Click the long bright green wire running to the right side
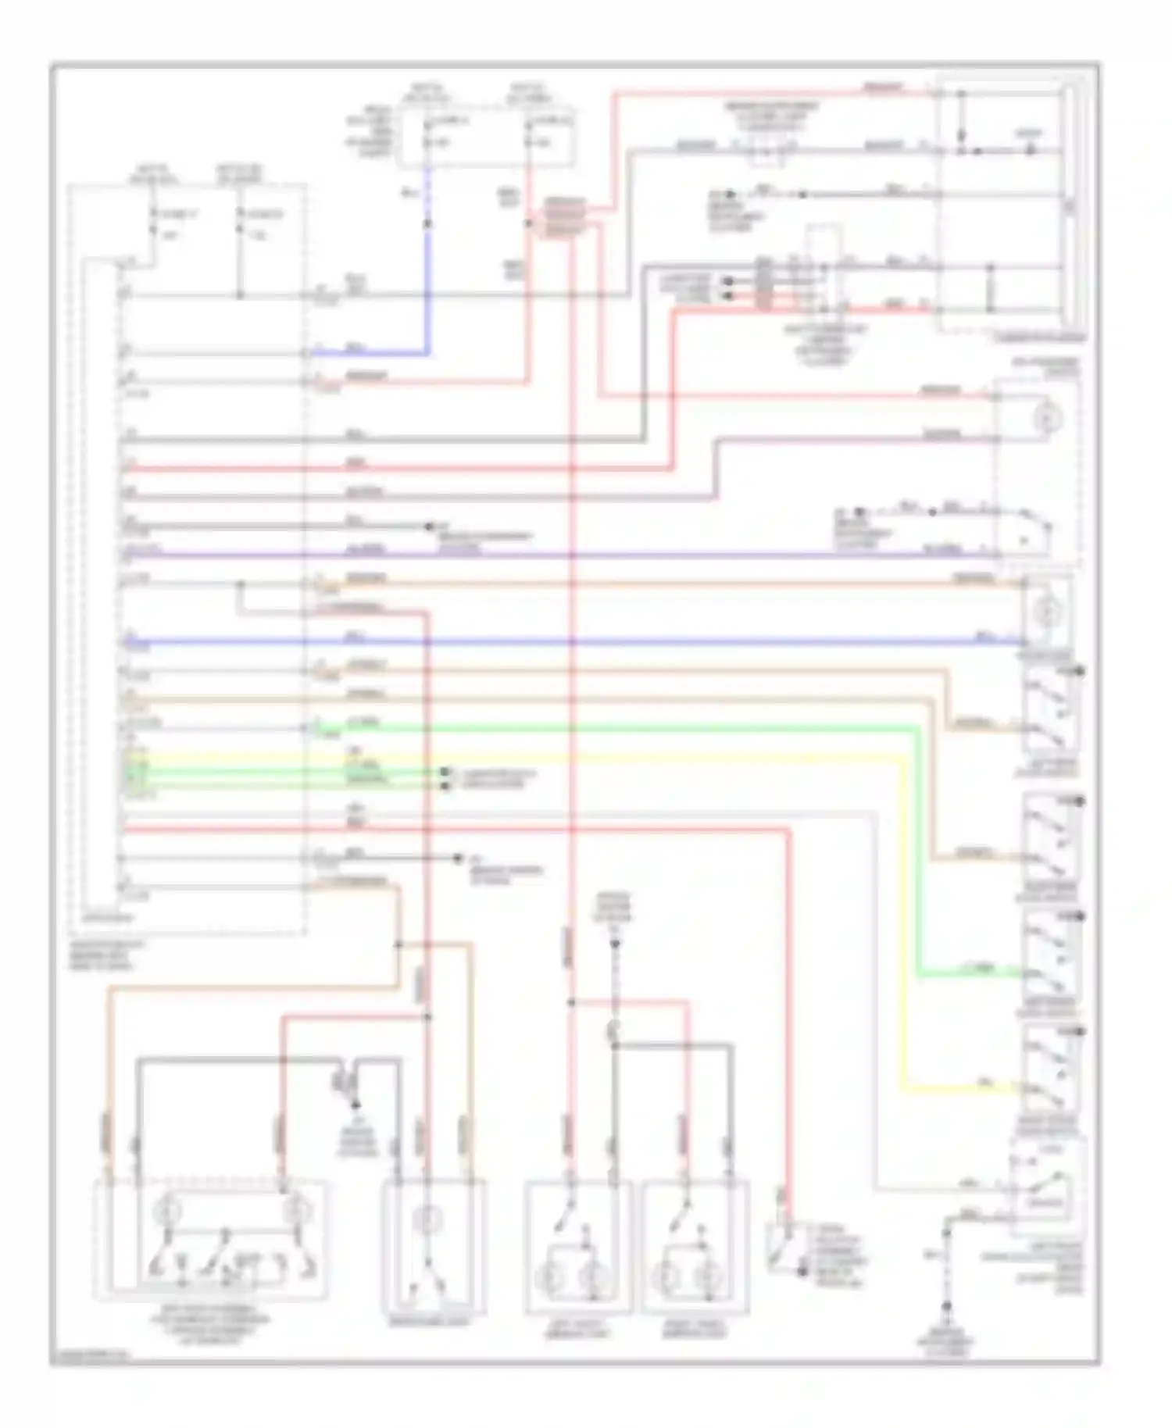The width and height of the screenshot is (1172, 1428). tap(625, 728)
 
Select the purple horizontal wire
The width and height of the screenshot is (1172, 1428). tap(625, 555)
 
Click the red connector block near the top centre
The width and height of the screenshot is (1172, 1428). tap(564, 218)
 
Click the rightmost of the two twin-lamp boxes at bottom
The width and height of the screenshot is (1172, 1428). tap(695, 1248)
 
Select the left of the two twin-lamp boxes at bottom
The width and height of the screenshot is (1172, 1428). tap(577, 1248)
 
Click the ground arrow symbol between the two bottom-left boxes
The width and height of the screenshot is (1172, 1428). tap(356, 1105)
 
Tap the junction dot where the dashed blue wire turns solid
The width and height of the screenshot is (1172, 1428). tap(428, 224)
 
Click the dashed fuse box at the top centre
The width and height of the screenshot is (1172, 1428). tap(486, 137)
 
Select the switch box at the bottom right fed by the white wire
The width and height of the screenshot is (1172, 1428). tap(1047, 1187)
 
